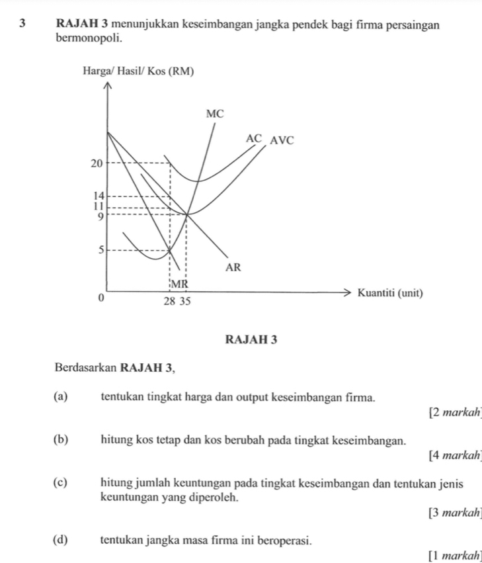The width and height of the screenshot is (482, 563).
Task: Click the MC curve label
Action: tap(216, 114)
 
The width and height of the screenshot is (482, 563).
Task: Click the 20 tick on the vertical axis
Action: tap(97, 163)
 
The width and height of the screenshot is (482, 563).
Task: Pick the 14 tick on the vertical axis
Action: tap(99, 195)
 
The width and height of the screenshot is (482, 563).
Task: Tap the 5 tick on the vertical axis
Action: tap(100, 250)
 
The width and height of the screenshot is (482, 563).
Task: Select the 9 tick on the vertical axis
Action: tap(99, 215)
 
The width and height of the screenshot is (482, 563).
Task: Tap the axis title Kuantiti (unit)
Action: tap(389, 293)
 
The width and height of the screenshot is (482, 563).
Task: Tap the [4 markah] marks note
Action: tap(454, 456)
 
